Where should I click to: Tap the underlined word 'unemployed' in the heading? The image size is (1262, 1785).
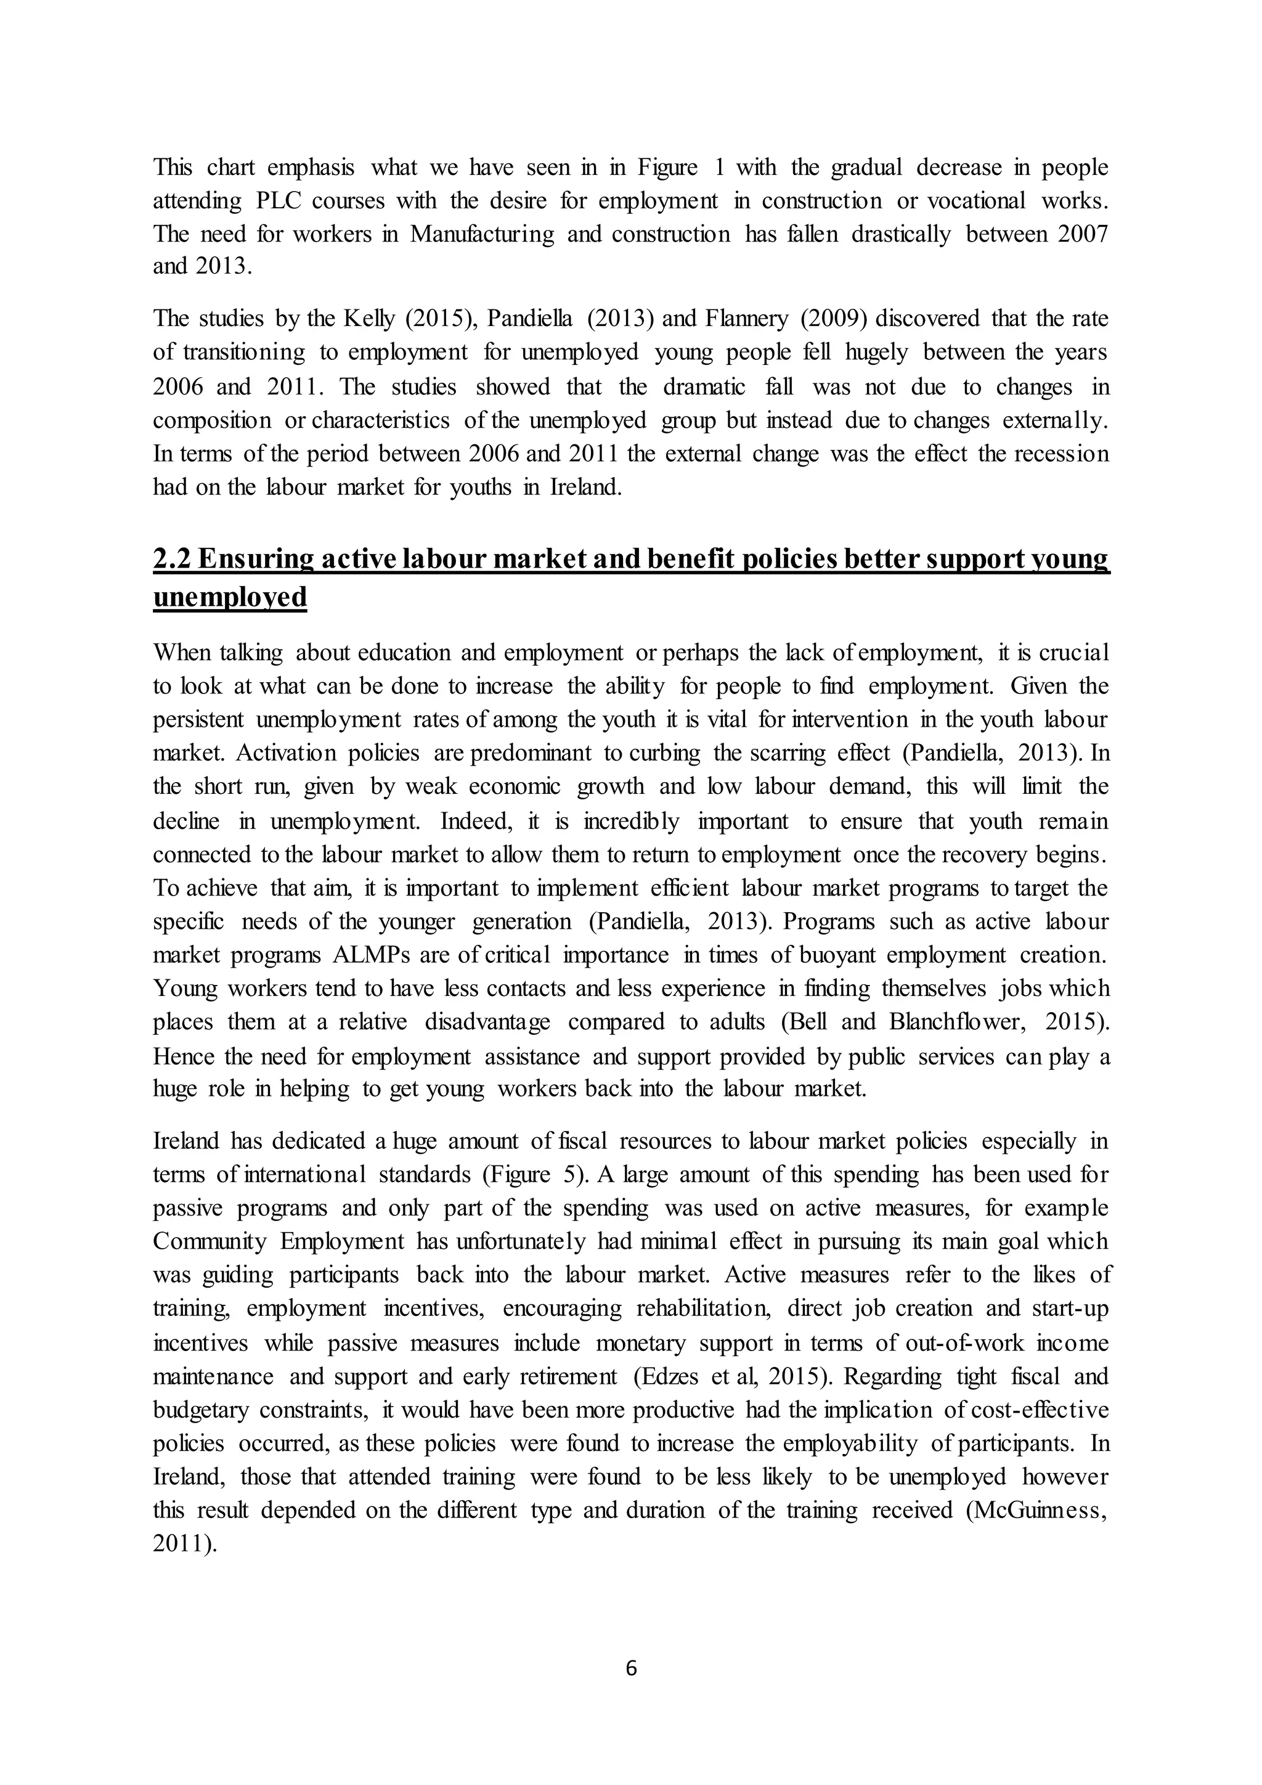tap(230, 597)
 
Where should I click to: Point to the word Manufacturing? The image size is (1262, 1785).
tap(482, 235)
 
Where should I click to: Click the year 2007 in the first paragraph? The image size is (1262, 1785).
tap(1083, 235)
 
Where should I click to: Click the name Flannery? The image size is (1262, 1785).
tap(747, 319)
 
